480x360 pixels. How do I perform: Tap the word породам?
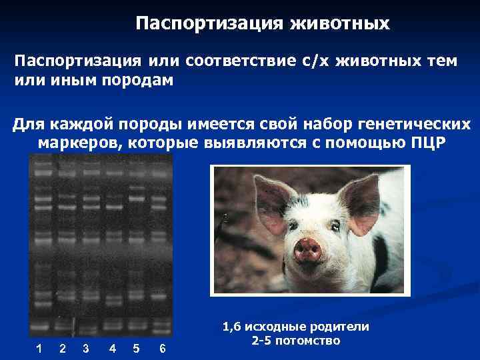139,80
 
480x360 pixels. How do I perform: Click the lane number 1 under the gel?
39,348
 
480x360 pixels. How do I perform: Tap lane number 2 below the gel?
62,348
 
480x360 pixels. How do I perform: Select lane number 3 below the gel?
85,348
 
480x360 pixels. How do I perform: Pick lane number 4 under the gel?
113,348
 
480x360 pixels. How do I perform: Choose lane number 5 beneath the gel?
136,348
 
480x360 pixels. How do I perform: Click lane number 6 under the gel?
163,348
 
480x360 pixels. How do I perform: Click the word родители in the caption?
341,327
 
